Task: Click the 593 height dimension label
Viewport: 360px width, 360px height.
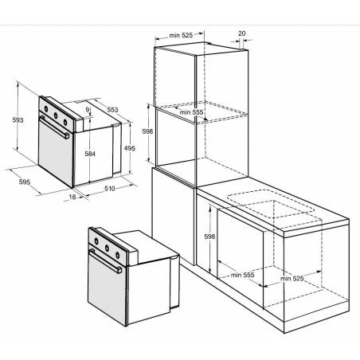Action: (18, 120)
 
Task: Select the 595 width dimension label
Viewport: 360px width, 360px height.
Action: (25, 182)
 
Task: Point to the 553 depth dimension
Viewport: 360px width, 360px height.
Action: (112, 109)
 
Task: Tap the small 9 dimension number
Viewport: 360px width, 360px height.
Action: (88, 109)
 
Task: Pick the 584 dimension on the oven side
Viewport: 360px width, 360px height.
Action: (90, 154)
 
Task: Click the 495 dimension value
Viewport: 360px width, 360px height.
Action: (130, 148)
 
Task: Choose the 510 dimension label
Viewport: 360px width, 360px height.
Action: (109, 189)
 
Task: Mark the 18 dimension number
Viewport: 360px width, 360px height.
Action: (72, 197)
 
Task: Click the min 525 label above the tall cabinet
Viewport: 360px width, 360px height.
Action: (181, 35)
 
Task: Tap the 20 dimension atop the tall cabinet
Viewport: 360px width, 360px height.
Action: (242, 33)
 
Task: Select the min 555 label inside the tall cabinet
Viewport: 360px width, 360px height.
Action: (191, 112)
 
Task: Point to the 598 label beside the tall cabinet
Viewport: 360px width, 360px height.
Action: (147, 131)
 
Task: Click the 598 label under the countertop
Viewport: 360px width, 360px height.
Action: (209, 237)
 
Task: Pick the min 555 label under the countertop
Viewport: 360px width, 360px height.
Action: (242, 275)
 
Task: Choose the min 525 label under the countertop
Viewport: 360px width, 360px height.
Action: (292, 279)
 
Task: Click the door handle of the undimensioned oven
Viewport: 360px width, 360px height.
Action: (105, 261)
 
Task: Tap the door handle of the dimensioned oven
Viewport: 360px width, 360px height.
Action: (54, 127)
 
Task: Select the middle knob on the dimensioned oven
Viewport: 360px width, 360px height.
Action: (56, 115)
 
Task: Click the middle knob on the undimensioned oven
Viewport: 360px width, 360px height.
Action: (107, 248)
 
